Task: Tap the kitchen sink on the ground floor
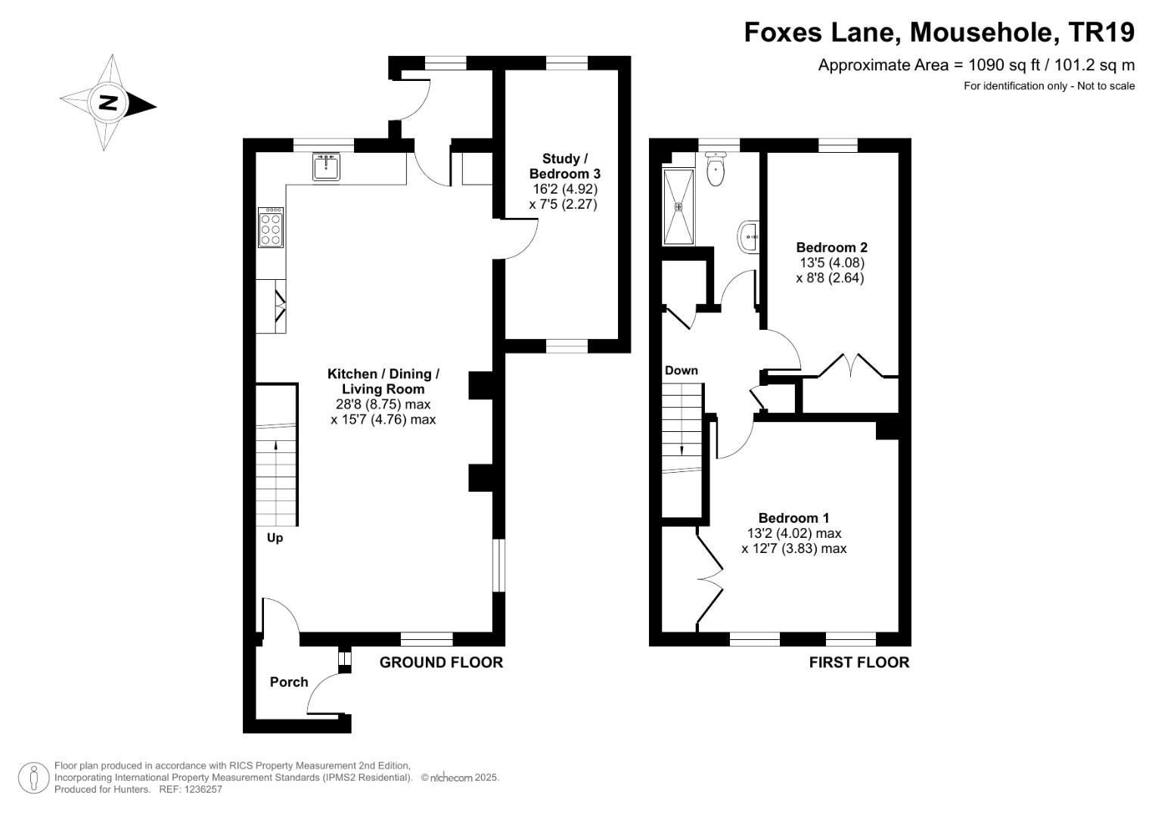point(327,166)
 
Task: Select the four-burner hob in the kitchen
point(271,228)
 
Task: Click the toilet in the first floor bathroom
point(715,170)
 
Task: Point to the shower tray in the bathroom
point(678,207)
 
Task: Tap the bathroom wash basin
point(749,238)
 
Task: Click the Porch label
point(289,682)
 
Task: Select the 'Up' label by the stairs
point(275,538)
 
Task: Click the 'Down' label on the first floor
point(681,371)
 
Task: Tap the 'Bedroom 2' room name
point(831,247)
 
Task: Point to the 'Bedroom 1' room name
point(793,518)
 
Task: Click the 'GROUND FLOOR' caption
point(441,663)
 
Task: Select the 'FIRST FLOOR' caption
point(858,663)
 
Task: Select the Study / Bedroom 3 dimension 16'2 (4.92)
point(564,189)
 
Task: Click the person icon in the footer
point(34,778)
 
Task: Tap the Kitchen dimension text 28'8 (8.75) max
point(383,404)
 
